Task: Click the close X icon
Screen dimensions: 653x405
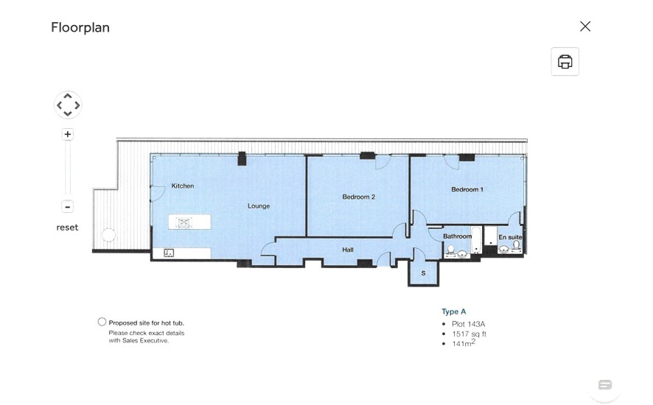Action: coord(585,27)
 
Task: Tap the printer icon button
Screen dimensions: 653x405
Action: coord(565,62)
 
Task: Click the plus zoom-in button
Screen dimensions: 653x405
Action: coord(68,134)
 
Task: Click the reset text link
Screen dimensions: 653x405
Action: coord(67,228)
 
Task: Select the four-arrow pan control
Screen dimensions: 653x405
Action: coord(68,105)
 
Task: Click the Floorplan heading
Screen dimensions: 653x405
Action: coord(80,27)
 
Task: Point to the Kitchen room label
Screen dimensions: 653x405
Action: coord(182,186)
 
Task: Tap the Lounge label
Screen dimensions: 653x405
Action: coord(259,206)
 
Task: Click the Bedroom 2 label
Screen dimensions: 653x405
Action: coord(359,197)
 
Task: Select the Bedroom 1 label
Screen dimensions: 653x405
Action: coord(467,189)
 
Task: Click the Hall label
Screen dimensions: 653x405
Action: coord(348,250)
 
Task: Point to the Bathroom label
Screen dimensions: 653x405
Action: coord(457,236)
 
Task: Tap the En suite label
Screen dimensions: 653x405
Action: coord(510,237)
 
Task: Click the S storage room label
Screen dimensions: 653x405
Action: coord(423,273)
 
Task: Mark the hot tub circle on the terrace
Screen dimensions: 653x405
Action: coord(108,235)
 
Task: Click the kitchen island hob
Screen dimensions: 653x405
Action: coord(184,222)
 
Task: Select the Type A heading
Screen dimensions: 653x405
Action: coord(453,311)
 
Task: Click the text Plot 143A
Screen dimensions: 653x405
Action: coord(468,324)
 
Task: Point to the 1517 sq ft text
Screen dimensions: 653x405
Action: coord(469,334)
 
